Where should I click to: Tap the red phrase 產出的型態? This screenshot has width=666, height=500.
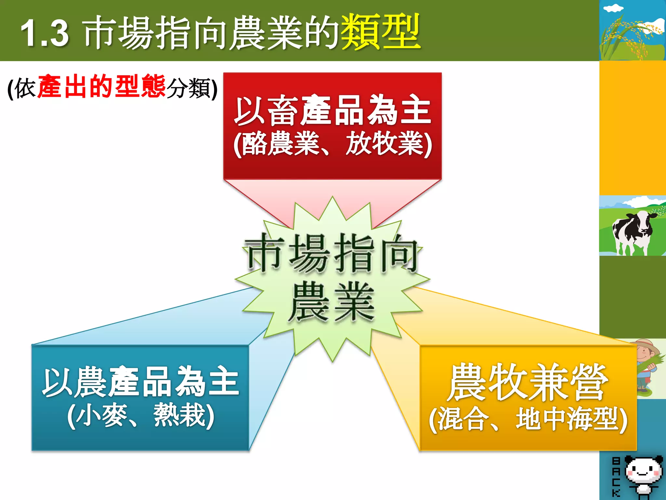[101, 87]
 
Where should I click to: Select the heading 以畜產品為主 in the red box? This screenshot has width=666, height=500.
[332, 111]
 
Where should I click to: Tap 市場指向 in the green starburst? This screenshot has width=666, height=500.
[332, 254]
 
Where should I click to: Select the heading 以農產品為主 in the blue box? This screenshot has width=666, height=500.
[140, 382]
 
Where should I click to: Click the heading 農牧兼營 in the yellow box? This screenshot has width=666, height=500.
[527, 382]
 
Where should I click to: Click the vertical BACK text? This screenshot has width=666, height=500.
[616, 477]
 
